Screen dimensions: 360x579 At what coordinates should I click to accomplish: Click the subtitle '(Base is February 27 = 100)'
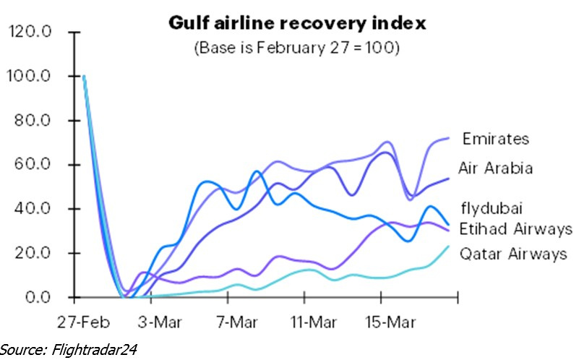coord(298,48)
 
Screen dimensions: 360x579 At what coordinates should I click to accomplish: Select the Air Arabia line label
coord(496,168)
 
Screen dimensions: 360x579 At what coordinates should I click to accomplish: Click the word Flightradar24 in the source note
coord(92,349)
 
